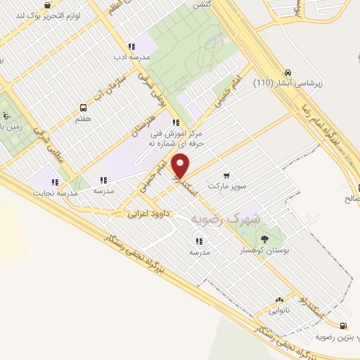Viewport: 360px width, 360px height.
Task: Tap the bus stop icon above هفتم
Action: tap(84, 108)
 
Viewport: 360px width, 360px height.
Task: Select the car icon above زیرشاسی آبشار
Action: tap(288, 72)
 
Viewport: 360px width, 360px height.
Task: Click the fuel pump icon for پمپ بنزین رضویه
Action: tap(342, 326)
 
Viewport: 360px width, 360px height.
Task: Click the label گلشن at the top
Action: tap(201, 4)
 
